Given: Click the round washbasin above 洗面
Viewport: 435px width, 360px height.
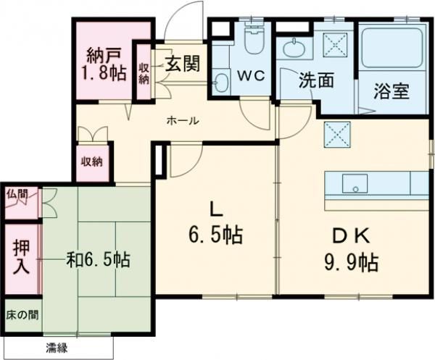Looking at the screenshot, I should (x=296, y=48).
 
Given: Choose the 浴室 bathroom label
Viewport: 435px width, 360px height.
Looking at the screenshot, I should (x=391, y=92).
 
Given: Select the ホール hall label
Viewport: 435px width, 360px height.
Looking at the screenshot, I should (x=183, y=121).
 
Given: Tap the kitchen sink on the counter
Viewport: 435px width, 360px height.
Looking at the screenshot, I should (x=355, y=183).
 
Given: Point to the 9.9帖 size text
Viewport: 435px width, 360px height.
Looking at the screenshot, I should (x=351, y=261).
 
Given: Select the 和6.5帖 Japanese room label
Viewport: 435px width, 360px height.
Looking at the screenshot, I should (x=99, y=258).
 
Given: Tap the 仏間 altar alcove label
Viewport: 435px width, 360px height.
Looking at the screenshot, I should (x=17, y=194).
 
